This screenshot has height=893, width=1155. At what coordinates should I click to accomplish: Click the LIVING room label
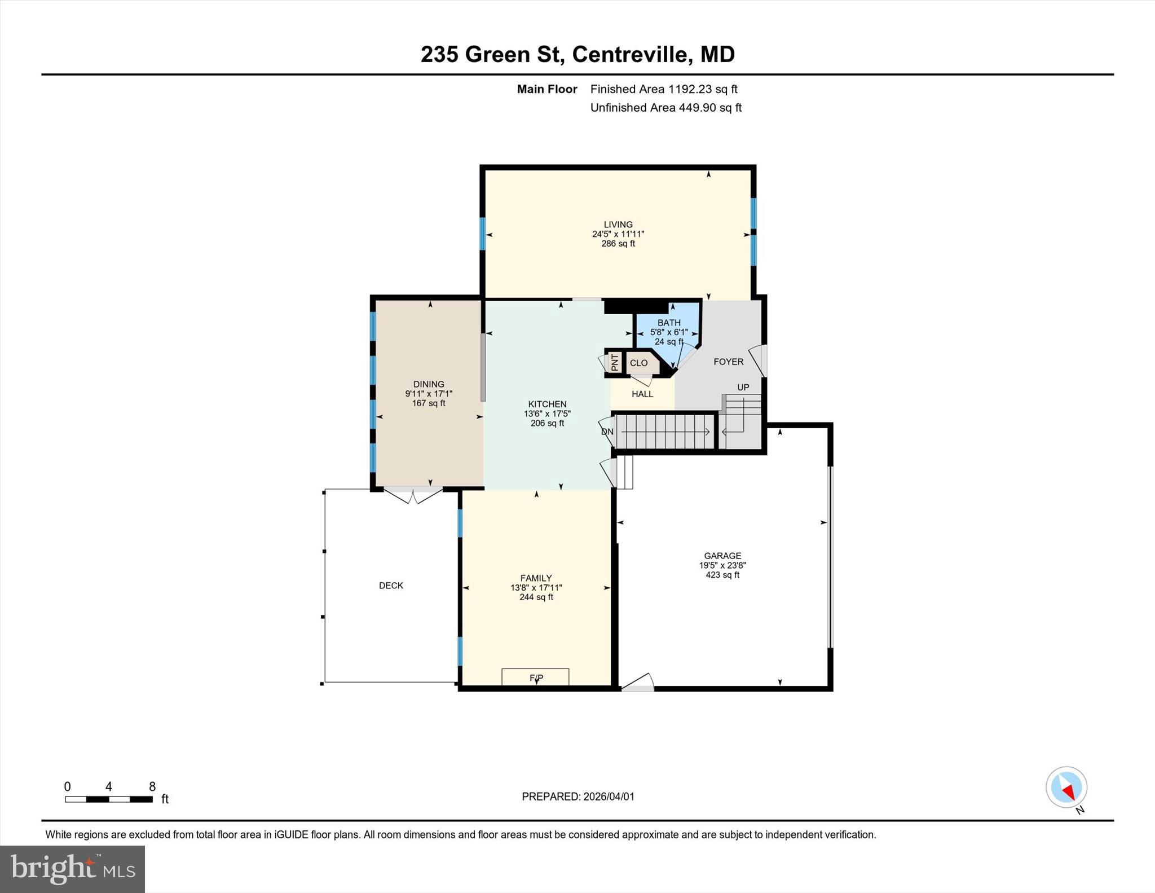(618, 225)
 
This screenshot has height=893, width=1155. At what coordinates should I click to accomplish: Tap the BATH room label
(669, 323)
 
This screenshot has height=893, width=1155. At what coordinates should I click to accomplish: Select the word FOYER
(728, 362)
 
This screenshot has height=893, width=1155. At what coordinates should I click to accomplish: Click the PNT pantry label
(615, 362)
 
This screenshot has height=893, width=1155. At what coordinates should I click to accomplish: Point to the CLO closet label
(638, 363)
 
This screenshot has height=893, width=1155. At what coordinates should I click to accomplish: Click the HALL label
(642, 394)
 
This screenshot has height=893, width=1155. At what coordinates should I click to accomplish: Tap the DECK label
(391, 586)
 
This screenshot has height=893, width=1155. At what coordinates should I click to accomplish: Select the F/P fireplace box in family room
(535, 677)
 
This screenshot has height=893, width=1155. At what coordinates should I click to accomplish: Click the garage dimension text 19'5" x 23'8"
(722, 565)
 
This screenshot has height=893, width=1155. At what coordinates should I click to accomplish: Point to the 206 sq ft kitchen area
(547, 423)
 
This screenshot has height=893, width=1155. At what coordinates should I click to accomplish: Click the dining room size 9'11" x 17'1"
(429, 394)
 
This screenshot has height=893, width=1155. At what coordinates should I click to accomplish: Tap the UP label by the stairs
(743, 387)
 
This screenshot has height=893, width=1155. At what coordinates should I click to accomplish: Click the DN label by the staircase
(607, 432)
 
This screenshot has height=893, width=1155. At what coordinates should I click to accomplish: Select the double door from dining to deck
(413, 495)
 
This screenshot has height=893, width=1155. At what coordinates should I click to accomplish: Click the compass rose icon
(1066, 787)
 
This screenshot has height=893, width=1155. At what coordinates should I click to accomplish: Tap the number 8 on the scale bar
(152, 786)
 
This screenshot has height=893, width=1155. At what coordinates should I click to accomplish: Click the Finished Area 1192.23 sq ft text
(664, 89)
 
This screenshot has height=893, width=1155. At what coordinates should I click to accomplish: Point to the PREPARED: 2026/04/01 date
(578, 797)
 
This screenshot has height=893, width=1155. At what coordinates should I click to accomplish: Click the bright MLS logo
(72, 869)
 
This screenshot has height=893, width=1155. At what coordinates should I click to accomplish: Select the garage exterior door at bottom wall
(638, 684)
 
